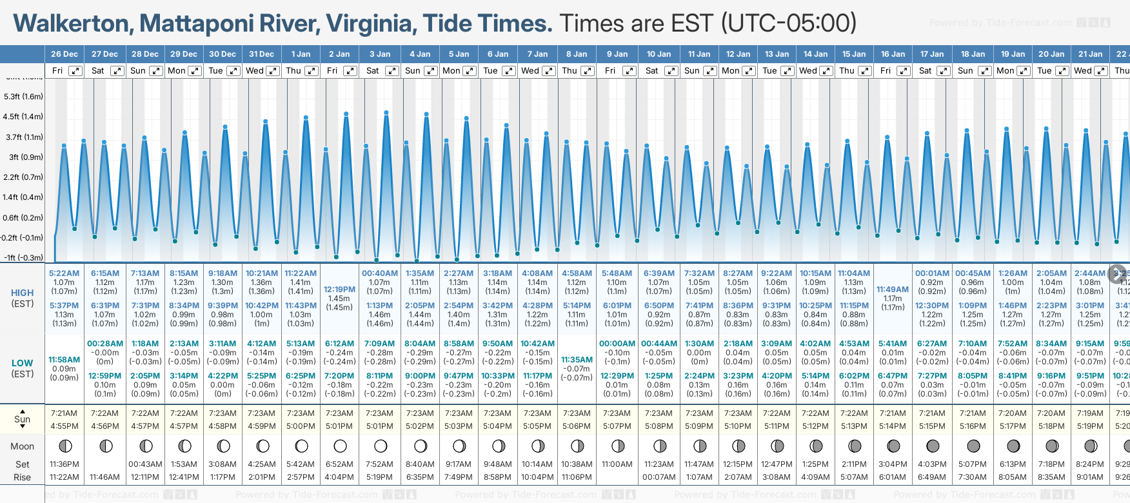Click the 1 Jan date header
tap(301, 54)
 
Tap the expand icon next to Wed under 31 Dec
tap(273, 71)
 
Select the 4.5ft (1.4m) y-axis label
tap(23, 117)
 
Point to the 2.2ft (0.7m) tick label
tap(23, 177)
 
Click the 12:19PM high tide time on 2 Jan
tap(339, 290)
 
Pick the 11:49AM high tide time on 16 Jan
tap(893, 290)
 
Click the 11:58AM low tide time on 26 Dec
tap(64, 360)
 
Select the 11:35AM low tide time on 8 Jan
tap(577, 360)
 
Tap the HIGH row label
tap(23, 293)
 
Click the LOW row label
tap(23, 363)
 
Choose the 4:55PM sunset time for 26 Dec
tap(64, 426)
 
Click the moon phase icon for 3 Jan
tap(381, 446)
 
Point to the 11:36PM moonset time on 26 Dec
tap(64, 464)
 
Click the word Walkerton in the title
tap(72, 24)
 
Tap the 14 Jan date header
tap(816, 54)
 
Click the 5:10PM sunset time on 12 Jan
tap(738, 426)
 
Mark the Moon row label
tap(23, 446)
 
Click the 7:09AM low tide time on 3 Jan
tap(379, 344)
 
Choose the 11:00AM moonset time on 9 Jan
tap(617, 464)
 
